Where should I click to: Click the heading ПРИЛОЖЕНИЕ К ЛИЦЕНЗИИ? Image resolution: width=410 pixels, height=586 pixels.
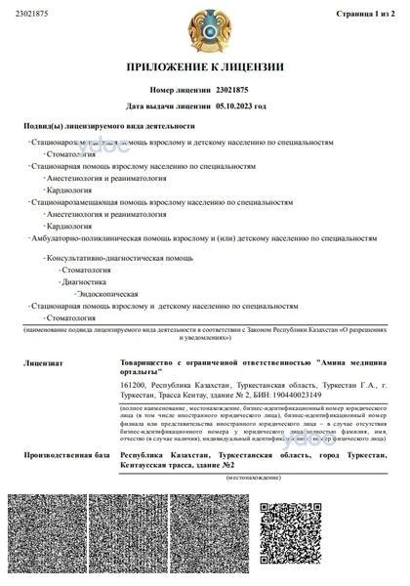[x=204, y=67]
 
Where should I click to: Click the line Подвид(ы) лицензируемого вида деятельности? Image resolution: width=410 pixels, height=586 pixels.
[x=108, y=126]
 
